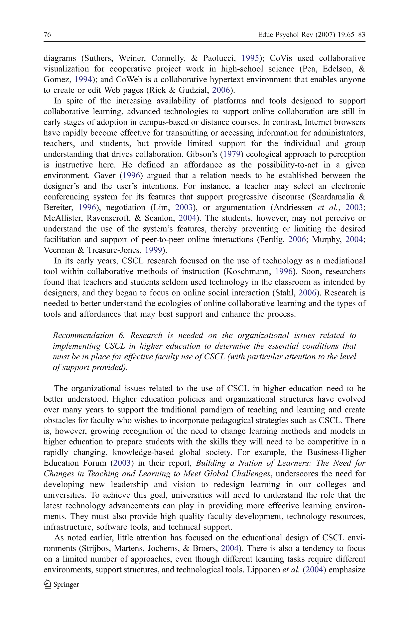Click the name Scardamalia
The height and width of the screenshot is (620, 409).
(334, 197)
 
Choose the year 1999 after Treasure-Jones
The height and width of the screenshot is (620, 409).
(153, 250)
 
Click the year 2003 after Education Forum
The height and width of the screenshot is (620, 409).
(122, 463)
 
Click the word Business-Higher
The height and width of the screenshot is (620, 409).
(336, 452)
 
